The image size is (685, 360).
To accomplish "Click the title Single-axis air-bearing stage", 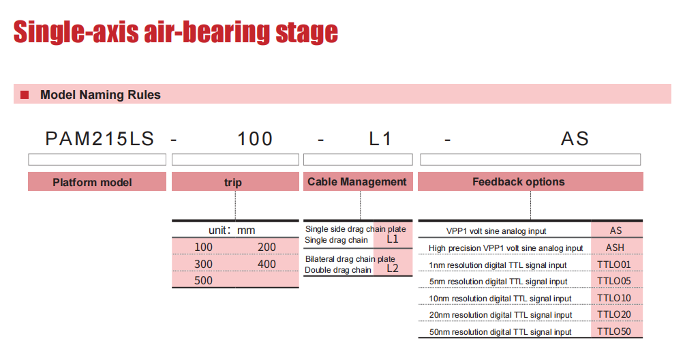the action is pyautogui.click(x=176, y=32).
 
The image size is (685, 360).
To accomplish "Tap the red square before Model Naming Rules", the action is pyautogui.click(x=25, y=94).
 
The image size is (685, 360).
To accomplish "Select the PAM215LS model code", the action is pyautogui.click(x=100, y=139).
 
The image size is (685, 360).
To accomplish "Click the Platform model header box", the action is pyautogui.click(x=97, y=182).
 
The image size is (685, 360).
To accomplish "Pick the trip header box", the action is pyautogui.click(x=235, y=182).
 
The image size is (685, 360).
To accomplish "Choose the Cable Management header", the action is pyautogui.click(x=358, y=182).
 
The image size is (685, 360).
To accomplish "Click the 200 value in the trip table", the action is pyautogui.click(x=267, y=247).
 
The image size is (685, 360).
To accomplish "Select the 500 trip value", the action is pyautogui.click(x=204, y=280).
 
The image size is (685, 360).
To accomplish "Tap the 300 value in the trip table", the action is pyautogui.click(x=204, y=264).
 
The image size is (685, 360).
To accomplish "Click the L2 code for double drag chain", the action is pyautogui.click(x=393, y=269).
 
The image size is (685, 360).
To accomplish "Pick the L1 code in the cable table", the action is pyautogui.click(x=393, y=239).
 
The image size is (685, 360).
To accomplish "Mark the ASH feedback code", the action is pyautogui.click(x=615, y=247).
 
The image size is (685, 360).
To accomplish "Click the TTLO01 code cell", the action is pyautogui.click(x=614, y=265).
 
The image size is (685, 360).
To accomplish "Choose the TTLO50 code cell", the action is pyautogui.click(x=614, y=331).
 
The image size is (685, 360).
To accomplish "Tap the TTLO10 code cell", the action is pyautogui.click(x=614, y=298).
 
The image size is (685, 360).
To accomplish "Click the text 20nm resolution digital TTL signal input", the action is pyautogui.click(x=501, y=315).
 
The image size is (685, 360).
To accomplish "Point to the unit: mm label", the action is pyautogui.click(x=232, y=230).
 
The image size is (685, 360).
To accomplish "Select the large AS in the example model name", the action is pyautogui.click(x=575, y=139).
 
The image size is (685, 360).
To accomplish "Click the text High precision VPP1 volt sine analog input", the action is pyautogui.click(x=506, y=248).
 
